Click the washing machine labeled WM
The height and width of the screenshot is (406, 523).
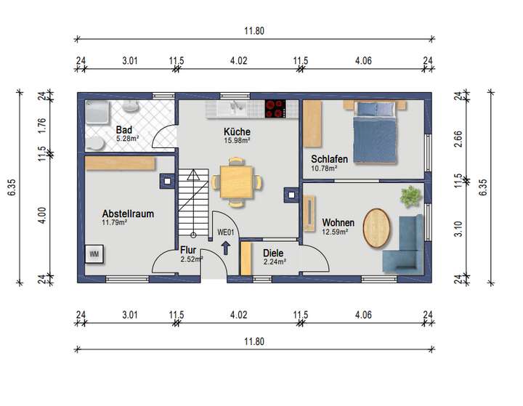coord(94,254)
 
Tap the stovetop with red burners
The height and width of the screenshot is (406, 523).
coord(276,108)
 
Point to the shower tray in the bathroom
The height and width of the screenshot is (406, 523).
coord(97,112)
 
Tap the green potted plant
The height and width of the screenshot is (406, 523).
coord(410,195)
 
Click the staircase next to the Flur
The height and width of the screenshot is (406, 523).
coord(192,203)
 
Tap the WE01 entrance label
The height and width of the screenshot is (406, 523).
coord(224,232)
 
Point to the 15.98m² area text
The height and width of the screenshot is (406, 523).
coord(237,141)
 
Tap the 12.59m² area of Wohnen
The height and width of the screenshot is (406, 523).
coord(335,232)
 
